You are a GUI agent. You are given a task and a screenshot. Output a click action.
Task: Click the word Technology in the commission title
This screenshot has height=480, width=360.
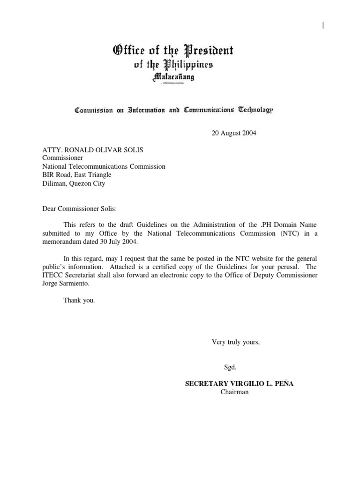[x=255, y=110]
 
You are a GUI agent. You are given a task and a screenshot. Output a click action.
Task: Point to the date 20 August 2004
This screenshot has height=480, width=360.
[x=232, y=133]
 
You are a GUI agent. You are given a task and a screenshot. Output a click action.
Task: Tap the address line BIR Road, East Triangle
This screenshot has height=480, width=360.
[x=77, y=175]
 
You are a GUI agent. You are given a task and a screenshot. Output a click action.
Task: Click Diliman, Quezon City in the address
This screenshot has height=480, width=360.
[x=74, y=183]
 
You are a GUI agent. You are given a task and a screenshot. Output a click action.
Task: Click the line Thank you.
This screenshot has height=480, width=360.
[x=79, y=300]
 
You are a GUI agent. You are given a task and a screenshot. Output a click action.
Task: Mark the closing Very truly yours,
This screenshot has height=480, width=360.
[x=236, y=342]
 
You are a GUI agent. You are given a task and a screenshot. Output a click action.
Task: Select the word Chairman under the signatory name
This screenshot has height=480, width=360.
[x=234, y=392]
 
